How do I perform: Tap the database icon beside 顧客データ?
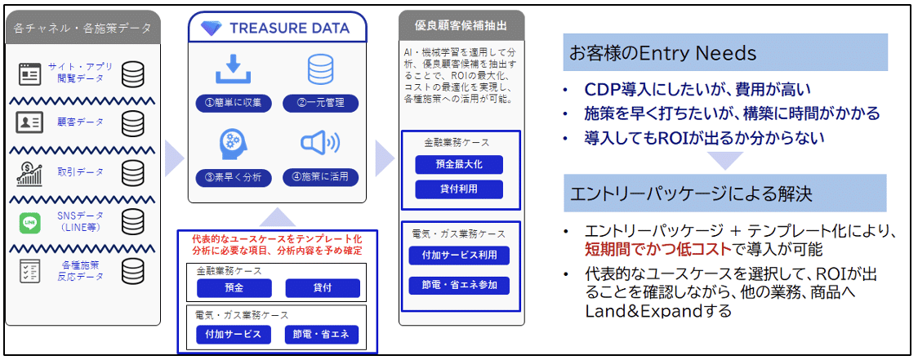[x=133, y=123]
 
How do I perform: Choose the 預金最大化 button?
[x=460, y=164]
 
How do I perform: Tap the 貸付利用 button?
[x=460, y=189]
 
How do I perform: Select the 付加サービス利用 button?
[x=460, y=256]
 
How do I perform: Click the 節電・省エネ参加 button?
[x=460, y=285]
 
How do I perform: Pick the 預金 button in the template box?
[x=234, y=288]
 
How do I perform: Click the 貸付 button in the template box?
[x=323, y=288]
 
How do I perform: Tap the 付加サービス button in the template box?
[x=234, y=334]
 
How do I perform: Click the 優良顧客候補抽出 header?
[x=461, y=26]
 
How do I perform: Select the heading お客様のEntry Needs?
[x=663, y=53]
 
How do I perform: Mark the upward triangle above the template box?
[x=278, y=217]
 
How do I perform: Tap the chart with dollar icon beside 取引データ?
[x=29, y=173]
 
